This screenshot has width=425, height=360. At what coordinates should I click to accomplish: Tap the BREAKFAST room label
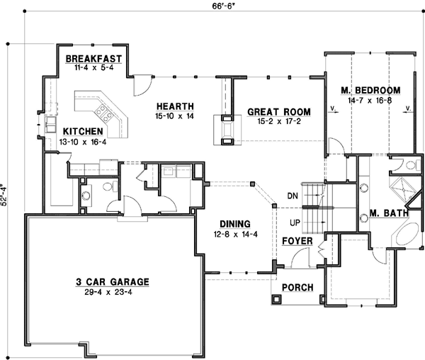point(94,59)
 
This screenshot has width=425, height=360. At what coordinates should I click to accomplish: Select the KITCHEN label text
point(84,132)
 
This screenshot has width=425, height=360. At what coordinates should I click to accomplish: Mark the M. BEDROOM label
point(370,91)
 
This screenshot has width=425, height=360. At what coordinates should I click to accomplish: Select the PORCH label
point(297,287)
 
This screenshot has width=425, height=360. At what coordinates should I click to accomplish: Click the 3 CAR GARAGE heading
point(112,281)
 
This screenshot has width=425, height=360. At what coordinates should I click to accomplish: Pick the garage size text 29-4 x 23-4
point(112,291)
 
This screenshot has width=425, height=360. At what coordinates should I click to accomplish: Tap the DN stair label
point(292,196)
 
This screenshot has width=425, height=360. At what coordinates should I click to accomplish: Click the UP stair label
point(292,223)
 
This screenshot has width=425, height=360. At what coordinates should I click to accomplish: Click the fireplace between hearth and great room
point(227,132)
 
